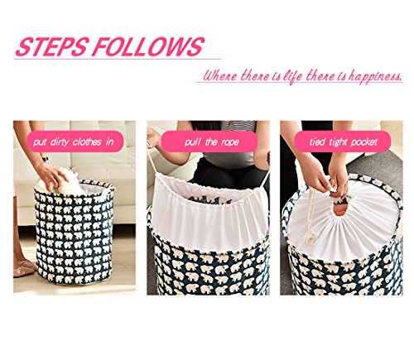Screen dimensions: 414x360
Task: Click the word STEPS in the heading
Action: coord(52,46)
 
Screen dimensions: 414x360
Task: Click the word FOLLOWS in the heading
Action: coord(148,46)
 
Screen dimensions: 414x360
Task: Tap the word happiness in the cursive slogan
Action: coord(375,76)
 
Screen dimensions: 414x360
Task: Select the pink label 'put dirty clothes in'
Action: coord(75,142)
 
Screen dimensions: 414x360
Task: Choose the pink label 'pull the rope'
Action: coord(209,142)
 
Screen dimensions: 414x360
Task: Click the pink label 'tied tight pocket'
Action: coord(342,142)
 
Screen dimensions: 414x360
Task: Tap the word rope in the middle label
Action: coord(229,142)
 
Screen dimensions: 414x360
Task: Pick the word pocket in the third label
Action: coord(363,142)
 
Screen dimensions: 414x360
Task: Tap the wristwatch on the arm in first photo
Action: coord(45,159)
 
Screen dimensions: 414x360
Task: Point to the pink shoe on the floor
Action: coord(23,268)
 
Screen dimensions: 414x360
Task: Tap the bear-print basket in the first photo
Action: coord(75,233)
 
